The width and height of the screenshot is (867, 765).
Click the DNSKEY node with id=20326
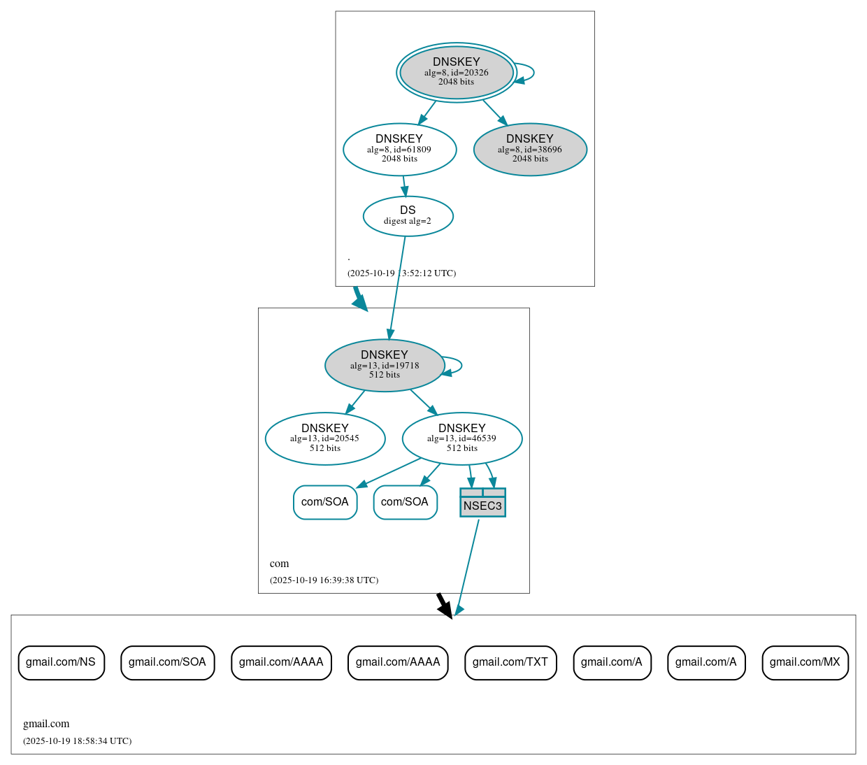[x=457, y=72]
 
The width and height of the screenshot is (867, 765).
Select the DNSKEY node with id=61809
[x=399, y=149]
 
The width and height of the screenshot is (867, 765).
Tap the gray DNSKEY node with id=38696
[x=530, y=149]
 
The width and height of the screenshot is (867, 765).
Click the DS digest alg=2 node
[x=408, y=216]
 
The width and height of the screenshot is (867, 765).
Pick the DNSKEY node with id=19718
[x=385, y=365]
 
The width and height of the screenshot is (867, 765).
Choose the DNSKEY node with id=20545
[x=325, y=438]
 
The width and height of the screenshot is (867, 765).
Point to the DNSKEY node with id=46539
[x=462, y=438]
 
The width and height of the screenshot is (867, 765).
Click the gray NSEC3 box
[x=482, y=503]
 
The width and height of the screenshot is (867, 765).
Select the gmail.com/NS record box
[x=61, y=662]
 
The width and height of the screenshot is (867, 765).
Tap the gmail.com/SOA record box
[x=167, y=662]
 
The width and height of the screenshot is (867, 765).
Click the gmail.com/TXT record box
[x=510, y=662]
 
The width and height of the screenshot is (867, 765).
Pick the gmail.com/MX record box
[x=805, y=662]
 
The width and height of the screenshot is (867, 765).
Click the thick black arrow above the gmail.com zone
[x=444, y=605]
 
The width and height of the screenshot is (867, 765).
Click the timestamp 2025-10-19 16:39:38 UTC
[x=324, y=580]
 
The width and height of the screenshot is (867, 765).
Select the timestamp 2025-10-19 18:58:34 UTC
[x=77, y=741]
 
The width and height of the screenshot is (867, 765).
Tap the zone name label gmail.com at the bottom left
[x=46, y=724]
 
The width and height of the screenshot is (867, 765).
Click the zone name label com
[x=279, y=564]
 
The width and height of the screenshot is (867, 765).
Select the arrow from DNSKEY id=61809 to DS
[x=404, y=186]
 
